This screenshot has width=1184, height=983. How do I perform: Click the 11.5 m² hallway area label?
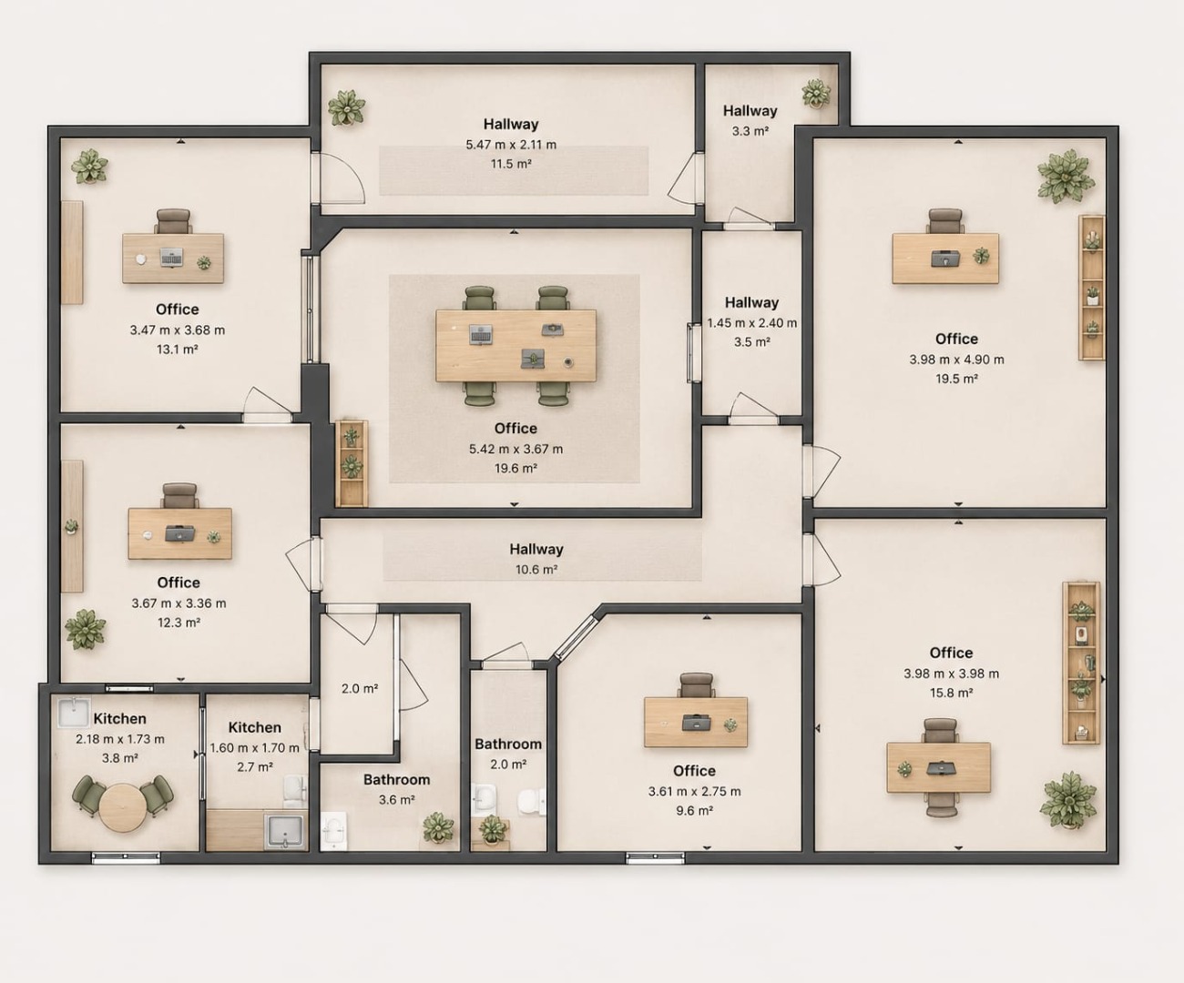point(511,164)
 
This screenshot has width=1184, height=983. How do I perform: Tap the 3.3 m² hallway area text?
point(750,131)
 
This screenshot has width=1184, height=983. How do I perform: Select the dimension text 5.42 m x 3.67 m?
point(515,449)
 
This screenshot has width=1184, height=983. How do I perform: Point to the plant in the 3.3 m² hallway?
point(816,93)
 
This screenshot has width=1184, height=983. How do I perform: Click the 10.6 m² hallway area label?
point(536,569)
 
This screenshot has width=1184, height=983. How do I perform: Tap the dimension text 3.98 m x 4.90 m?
point(956,360)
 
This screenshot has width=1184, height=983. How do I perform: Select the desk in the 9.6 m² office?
point(696,722)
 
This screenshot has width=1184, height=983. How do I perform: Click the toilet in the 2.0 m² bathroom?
point(531,802)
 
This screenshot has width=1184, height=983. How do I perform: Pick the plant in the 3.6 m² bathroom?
point(438,827)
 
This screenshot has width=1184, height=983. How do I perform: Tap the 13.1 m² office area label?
point(177,349)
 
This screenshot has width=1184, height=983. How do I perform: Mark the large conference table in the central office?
point(515,345)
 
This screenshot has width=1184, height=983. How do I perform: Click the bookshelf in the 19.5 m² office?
point(1092,288)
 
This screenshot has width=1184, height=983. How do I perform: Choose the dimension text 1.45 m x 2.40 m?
point(752,323)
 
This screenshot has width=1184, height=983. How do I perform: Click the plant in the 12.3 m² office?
point(85,629)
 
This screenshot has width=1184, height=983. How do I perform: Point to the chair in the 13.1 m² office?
point(173,221)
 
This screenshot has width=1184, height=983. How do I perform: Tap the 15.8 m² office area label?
point(951,693)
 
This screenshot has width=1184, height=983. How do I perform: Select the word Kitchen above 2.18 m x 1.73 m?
point(119,718)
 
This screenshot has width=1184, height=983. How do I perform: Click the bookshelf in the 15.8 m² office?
point(1081,663)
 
